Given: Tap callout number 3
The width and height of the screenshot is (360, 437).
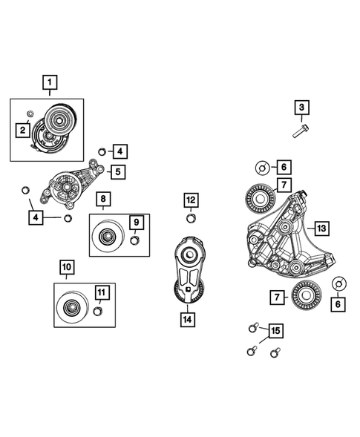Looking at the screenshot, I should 301,109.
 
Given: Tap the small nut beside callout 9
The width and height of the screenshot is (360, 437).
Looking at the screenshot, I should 134,240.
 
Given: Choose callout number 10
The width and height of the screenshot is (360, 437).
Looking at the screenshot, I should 66,266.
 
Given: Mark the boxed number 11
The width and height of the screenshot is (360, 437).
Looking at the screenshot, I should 101,292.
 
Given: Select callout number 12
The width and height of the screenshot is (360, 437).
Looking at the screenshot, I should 191,200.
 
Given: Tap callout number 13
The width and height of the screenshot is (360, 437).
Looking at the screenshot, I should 321,228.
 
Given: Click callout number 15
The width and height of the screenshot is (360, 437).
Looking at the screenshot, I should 275,330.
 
